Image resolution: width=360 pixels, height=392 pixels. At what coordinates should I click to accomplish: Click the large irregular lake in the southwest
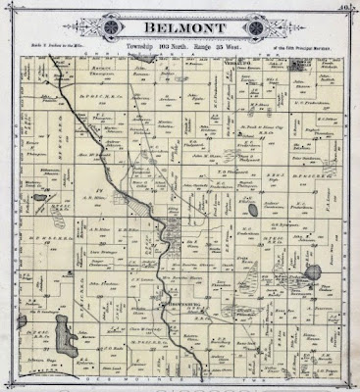tap(66, 317)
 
